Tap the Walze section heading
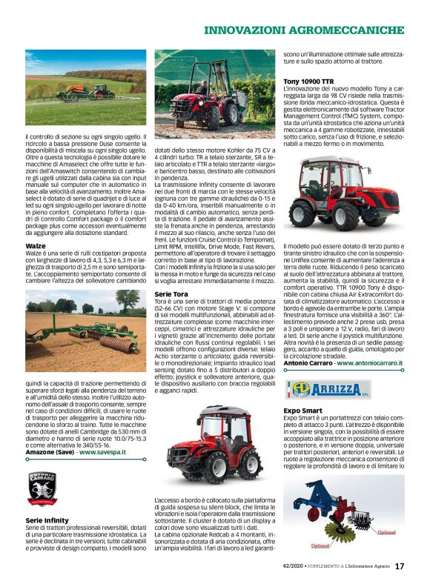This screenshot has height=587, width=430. point(36,245)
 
